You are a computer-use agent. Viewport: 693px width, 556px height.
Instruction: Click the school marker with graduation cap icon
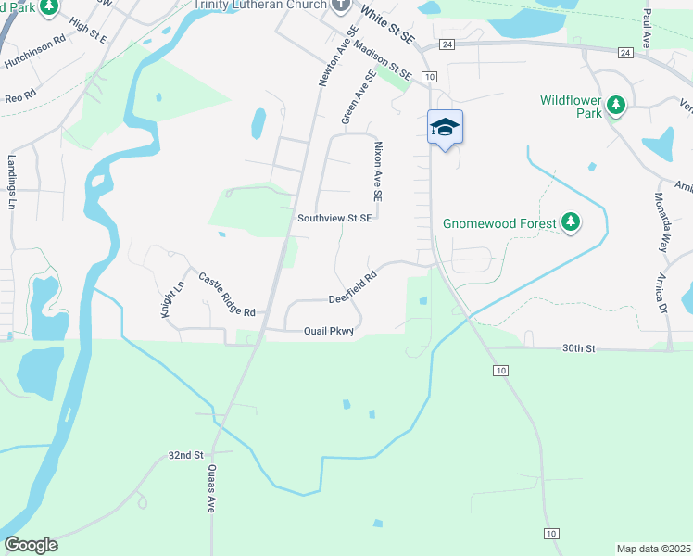pos(445,128)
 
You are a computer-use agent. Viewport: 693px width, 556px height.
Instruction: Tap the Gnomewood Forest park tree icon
pos(573,222)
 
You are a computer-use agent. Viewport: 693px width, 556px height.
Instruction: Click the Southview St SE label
pos(334,218)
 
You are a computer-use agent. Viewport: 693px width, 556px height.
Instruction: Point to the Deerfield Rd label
pos(354,287)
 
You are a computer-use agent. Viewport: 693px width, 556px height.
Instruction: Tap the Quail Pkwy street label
pos(329,332)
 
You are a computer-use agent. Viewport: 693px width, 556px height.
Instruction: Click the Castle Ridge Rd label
pos(221,295)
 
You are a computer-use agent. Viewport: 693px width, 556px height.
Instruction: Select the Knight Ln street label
pos(167,300)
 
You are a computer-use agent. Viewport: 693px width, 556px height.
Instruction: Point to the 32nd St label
pos(185,455)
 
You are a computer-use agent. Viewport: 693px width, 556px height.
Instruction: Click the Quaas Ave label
pos(211,488)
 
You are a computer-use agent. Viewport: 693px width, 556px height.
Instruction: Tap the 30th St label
pos(576,348)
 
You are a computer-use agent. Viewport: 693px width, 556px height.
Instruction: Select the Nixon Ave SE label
pos(378,172)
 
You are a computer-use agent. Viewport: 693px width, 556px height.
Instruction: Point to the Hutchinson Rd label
pos(36,53)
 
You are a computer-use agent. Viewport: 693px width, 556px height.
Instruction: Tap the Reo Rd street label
pos(19,95)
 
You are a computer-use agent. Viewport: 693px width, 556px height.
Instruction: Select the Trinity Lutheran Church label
pos(259,4)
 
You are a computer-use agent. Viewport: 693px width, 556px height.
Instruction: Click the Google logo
pos(31,545)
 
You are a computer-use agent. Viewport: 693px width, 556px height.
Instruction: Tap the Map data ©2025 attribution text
pos(653,549)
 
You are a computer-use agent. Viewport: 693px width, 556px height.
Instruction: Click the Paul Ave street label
pos(646,29)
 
